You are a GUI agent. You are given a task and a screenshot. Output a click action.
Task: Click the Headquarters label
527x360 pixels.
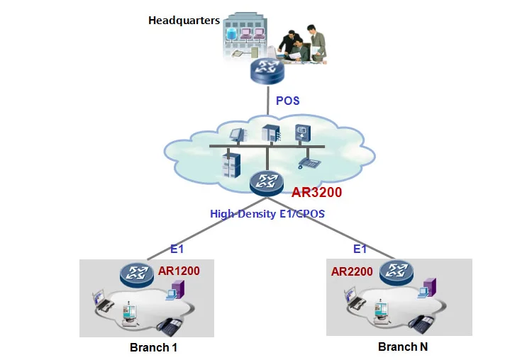184,21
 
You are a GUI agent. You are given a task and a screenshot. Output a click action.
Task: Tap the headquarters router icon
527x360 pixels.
267,70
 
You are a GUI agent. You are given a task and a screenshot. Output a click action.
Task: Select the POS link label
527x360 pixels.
287,101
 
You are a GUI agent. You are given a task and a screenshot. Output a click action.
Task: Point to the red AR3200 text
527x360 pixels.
316,192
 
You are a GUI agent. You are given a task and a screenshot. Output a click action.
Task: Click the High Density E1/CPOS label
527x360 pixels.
267,213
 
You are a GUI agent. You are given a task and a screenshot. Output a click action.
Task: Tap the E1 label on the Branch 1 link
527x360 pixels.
177,249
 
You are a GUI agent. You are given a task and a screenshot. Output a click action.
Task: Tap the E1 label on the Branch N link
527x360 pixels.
360,249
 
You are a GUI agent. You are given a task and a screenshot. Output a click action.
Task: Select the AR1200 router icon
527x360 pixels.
137,275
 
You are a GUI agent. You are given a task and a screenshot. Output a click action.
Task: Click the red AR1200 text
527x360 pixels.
179,271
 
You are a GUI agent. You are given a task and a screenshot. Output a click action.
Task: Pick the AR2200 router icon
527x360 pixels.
396,273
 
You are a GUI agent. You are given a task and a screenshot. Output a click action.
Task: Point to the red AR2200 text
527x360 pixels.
352,271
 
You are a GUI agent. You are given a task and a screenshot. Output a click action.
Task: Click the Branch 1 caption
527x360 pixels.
153,347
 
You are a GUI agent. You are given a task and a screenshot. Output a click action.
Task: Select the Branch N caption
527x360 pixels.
403,347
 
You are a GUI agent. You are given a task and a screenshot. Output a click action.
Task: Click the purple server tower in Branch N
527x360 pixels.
430,287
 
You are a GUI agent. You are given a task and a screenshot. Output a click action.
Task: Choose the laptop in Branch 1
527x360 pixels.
103,301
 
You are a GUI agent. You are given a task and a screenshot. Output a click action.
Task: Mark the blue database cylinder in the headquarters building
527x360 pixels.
231,34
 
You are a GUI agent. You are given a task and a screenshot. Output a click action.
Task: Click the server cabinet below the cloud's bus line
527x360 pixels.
231,164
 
